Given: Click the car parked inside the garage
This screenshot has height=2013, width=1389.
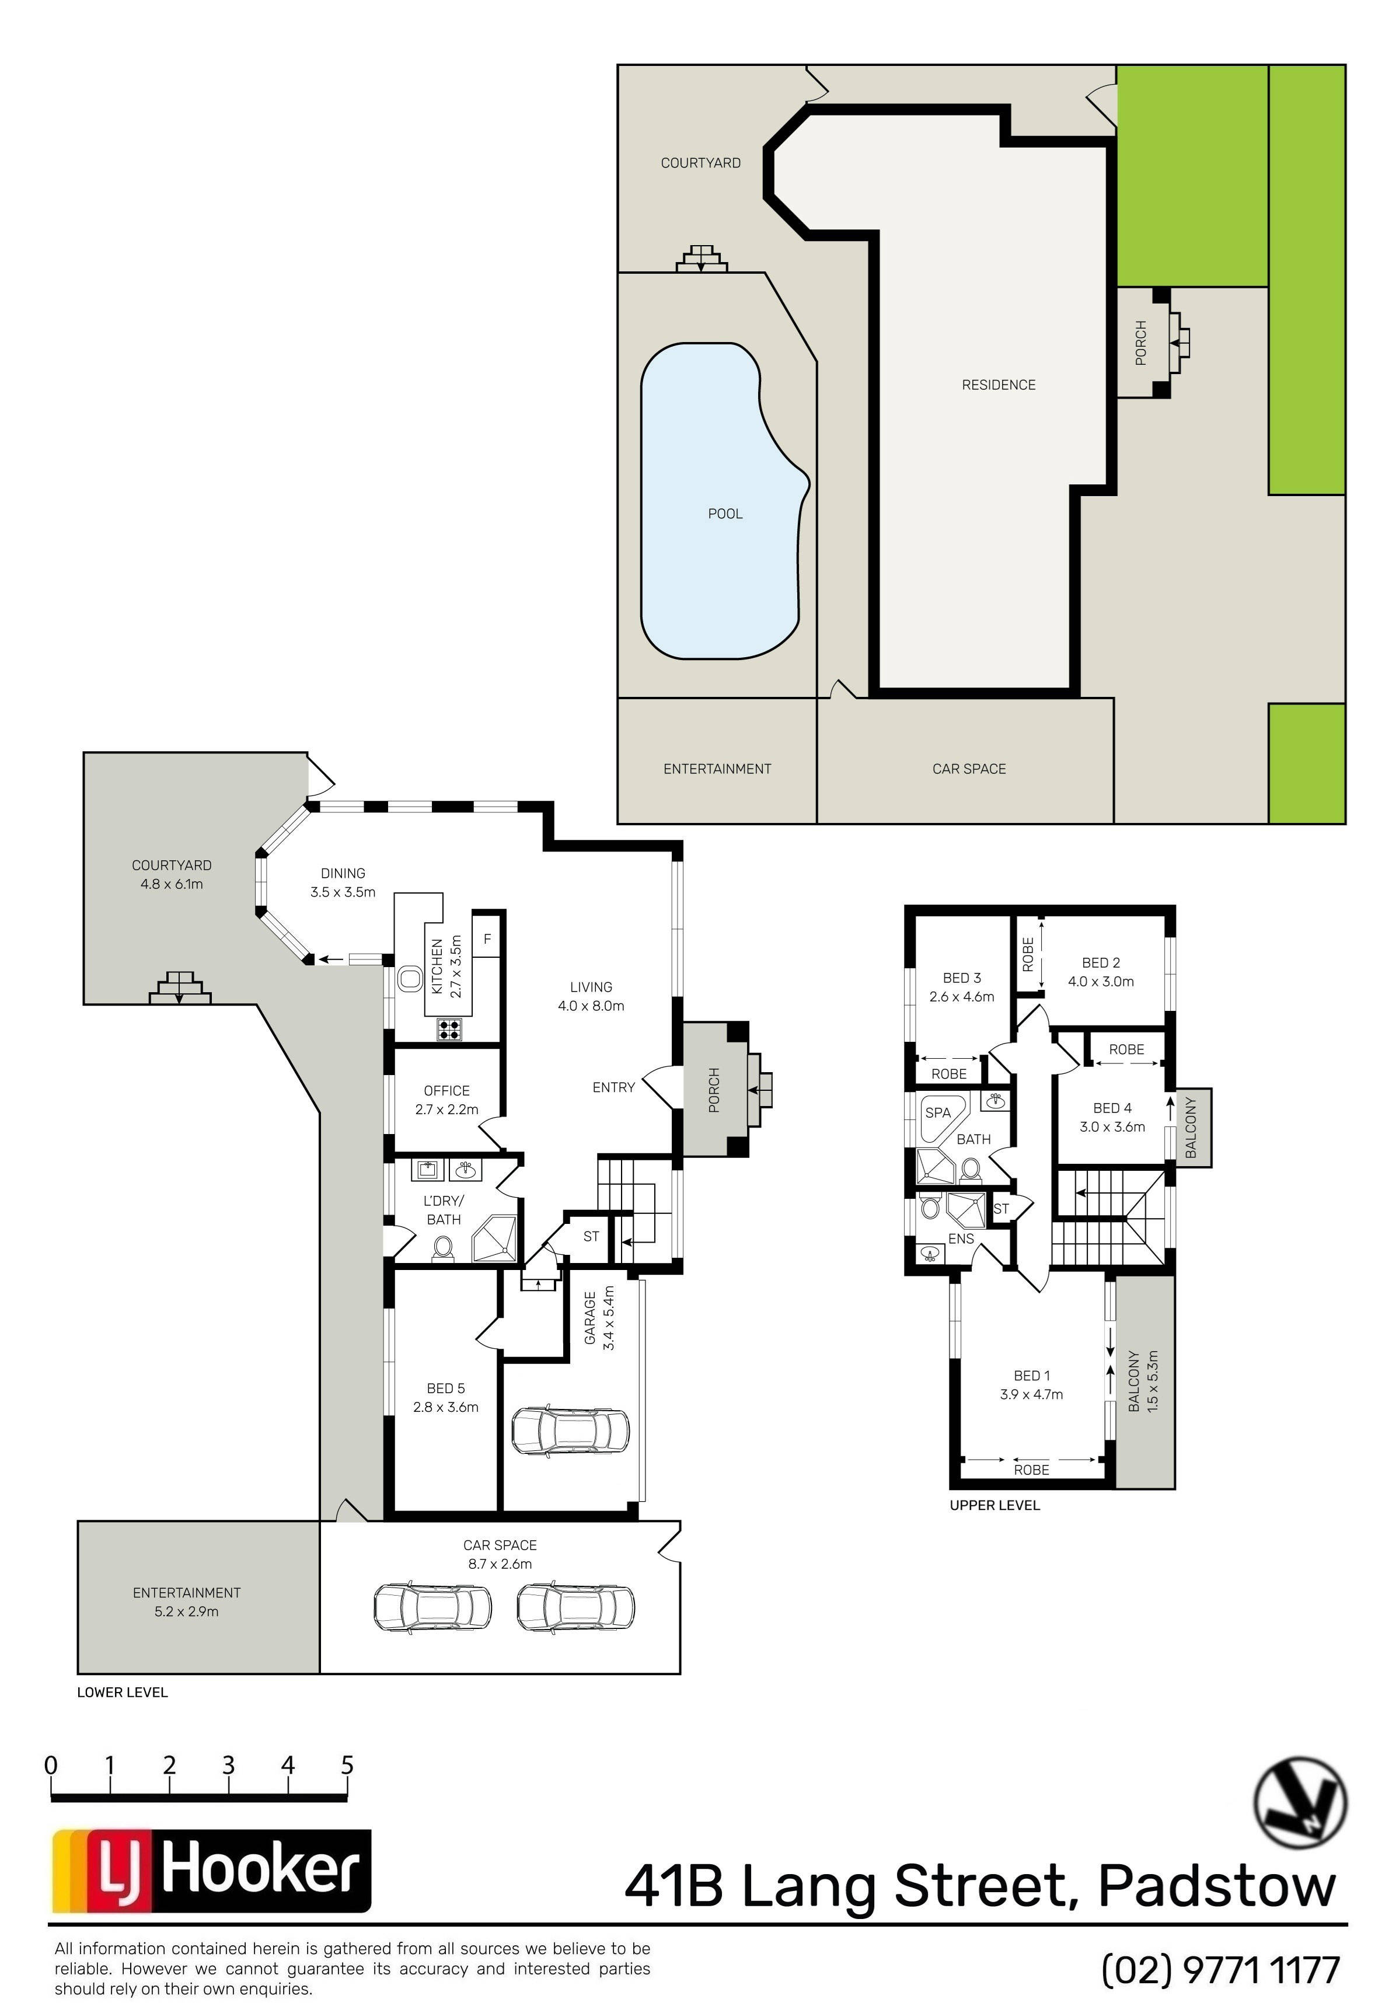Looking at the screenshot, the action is [570, 1429].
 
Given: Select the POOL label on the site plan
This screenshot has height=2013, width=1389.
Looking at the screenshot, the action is [725, 514].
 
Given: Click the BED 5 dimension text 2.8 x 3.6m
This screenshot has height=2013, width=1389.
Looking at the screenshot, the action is [446, 1407].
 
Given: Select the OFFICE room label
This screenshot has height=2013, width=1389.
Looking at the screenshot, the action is [446, 1090].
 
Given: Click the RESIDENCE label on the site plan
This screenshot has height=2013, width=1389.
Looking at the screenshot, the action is [998, 385].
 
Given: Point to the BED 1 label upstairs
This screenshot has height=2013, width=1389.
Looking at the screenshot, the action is [1031, 1376].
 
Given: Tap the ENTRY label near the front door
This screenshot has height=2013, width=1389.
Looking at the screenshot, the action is [613, 1087].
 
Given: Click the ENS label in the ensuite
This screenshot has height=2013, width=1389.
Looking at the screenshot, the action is [961, 1238].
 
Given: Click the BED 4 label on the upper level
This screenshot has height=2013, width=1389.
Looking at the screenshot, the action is [1112, 1108].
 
